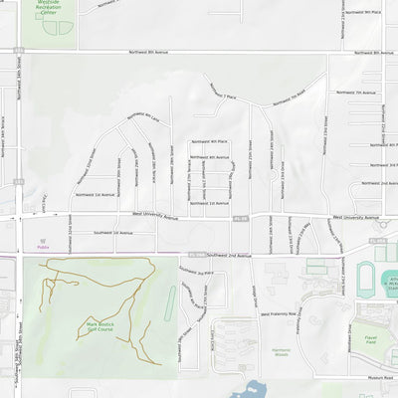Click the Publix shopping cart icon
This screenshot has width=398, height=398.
click(43, 242)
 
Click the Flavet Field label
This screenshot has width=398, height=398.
click(370, 340)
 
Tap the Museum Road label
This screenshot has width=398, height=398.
click(379, 378)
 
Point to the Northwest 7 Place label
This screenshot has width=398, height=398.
click(227, 96)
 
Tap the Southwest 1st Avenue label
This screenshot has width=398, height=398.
click(112, 231)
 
